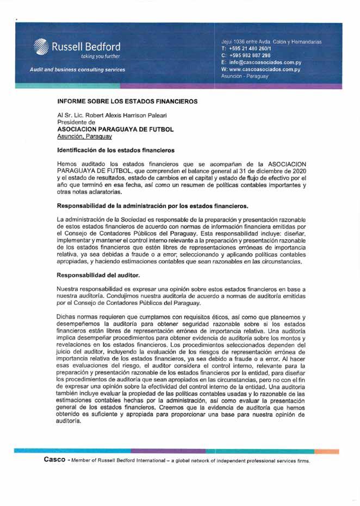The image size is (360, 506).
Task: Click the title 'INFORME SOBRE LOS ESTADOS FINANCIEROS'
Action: (127, 102)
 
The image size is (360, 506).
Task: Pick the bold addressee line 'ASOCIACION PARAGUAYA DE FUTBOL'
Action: (115, 130)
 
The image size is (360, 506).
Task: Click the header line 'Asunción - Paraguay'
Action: (245, 77)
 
